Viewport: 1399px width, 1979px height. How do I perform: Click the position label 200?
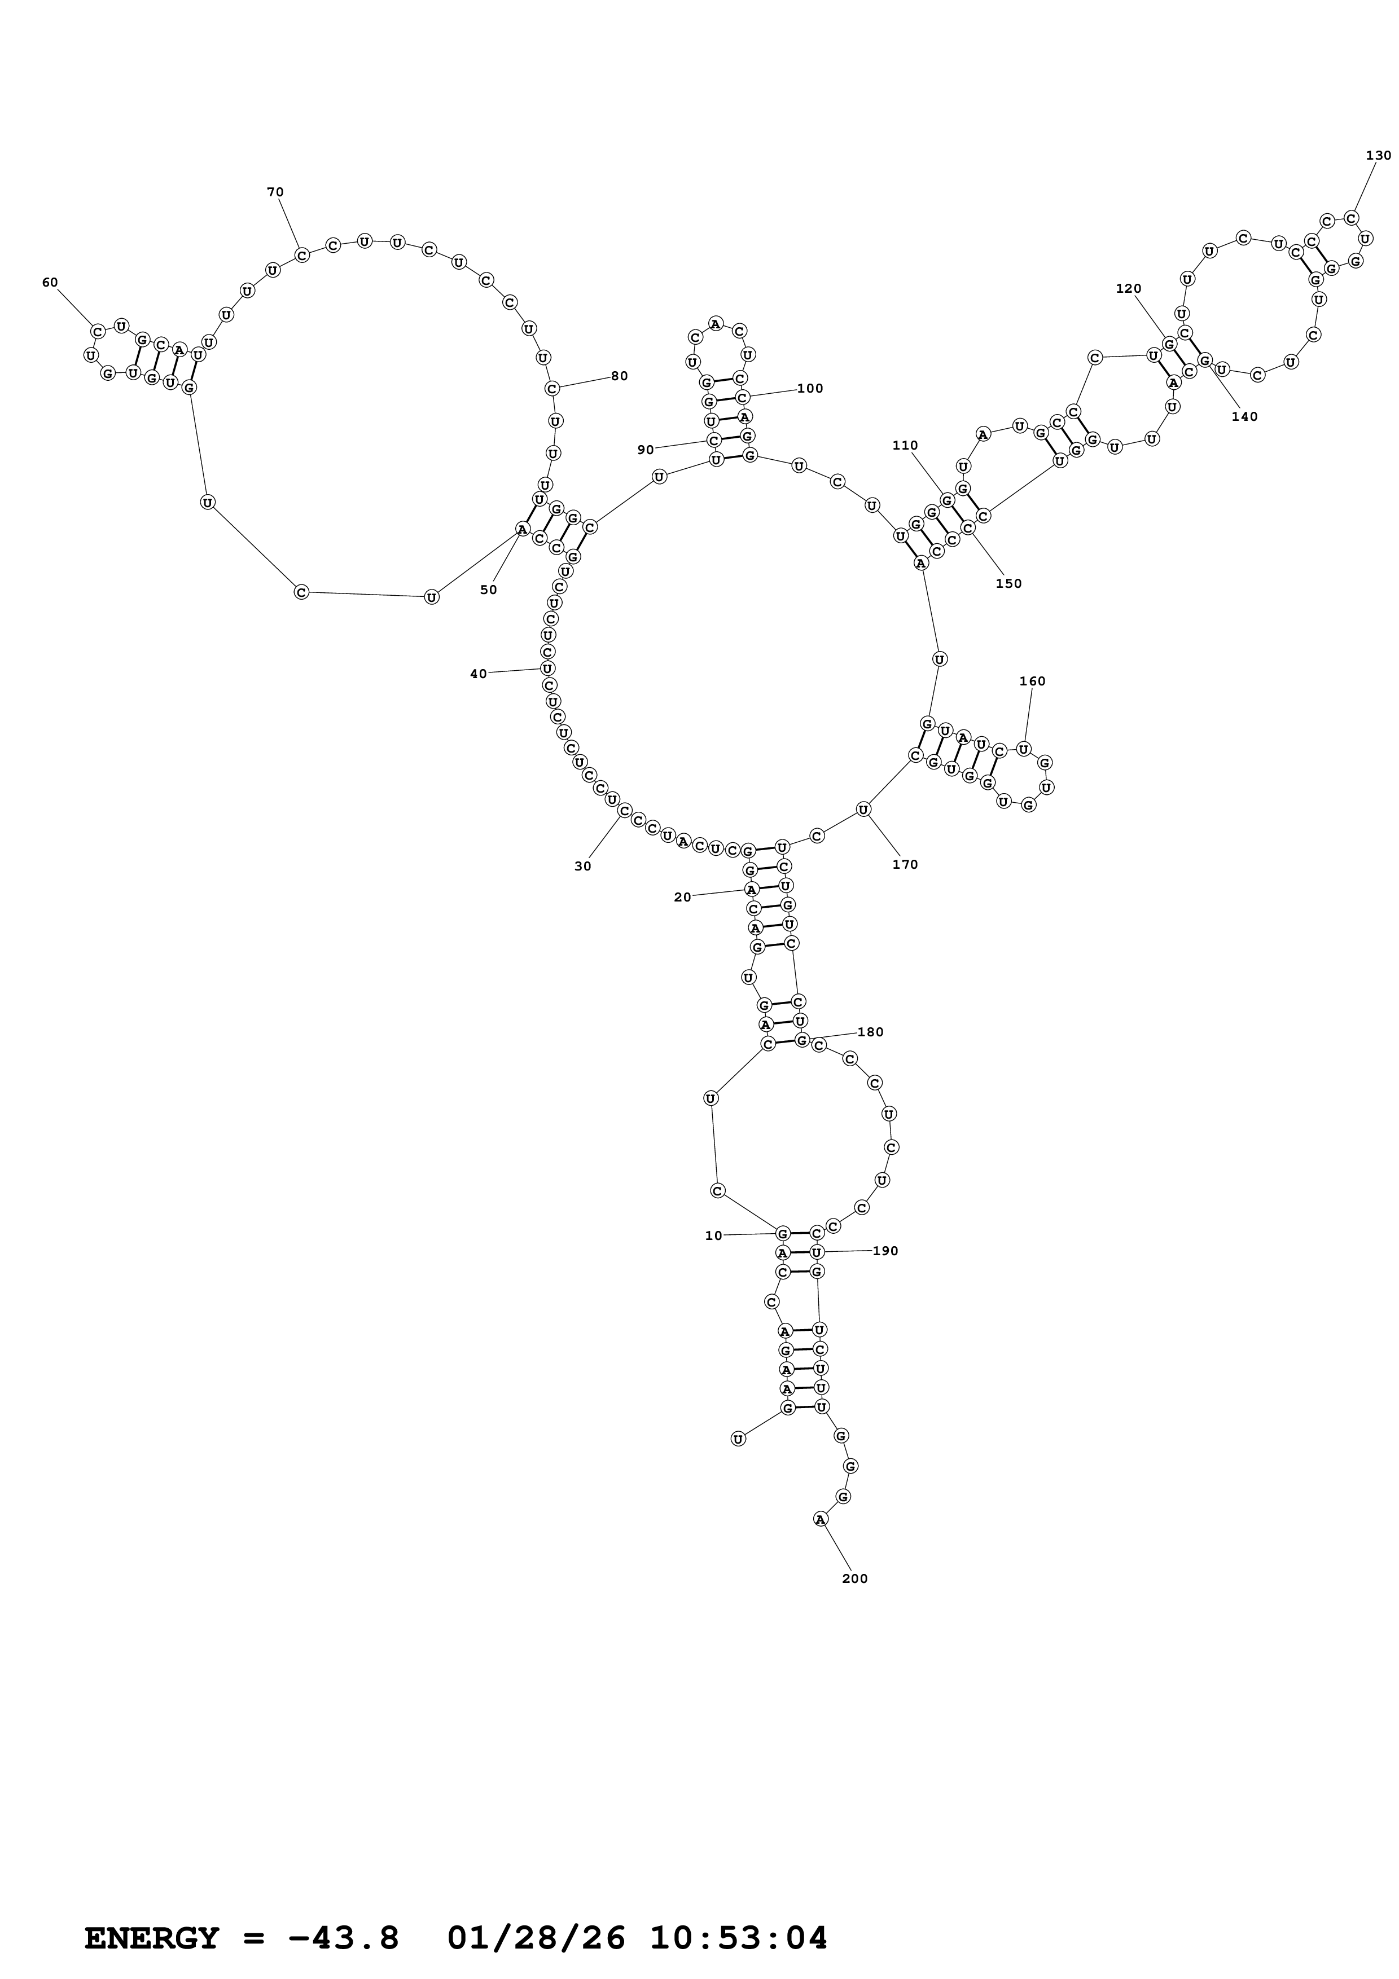click(854, 1578)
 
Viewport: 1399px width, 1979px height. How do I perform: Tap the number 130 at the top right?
click(1378, 155)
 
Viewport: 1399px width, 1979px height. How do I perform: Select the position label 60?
click(50, 283)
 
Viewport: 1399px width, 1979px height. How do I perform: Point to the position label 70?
click(275, 192)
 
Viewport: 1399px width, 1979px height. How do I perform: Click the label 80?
click(620, 376)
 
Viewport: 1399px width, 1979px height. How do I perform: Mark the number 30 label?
click(583, 867)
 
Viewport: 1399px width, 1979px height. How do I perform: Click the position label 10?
click(714, 1235)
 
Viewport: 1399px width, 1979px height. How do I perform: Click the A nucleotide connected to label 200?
click(820, 1519)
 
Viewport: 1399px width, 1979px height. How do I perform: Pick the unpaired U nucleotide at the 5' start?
click(738, 1439)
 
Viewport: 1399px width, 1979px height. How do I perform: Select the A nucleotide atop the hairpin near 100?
click(716, 324)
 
